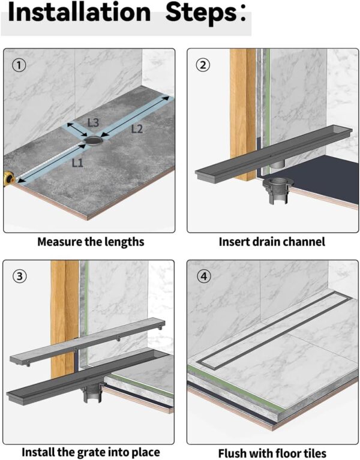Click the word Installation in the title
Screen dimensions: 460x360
[x=78, y=13]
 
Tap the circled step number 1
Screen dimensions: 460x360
[x=19, y=65]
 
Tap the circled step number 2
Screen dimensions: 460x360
[x=203, y=65]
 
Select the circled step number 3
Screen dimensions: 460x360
[x=19, y=276]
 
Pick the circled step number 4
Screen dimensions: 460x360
[x=203, y=276]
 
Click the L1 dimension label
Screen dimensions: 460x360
[x=77, y=162]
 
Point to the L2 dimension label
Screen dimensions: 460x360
[x=137, y=128]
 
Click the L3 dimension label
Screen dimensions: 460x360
[x=93, y=122]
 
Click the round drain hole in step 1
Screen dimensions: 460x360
[x=94, y=140]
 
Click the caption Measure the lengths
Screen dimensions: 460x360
[x=91, y=242]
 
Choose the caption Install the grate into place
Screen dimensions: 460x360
[x=91, y=452]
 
